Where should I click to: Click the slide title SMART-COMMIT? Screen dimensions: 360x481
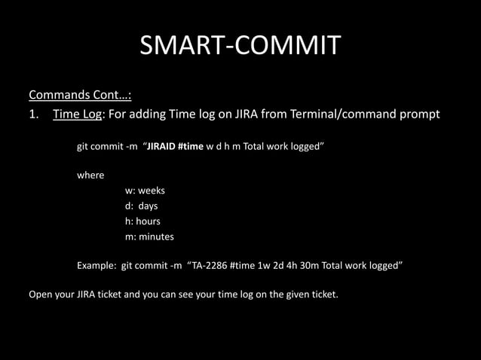coord(240,46)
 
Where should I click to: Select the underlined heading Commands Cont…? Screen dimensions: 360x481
coord(80,96)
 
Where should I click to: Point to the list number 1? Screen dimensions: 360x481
coord(34,114)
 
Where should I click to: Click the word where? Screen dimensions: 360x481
coord(90,175)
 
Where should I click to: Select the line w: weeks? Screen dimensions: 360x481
coord(145,191)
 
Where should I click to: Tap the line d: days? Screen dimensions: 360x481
coord(142,206)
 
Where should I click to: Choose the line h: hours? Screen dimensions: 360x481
coord(142,221)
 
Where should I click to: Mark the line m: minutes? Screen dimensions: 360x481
coord(149,236)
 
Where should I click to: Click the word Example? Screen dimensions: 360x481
coord(97,266)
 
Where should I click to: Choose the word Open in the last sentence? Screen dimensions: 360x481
coord(40,294)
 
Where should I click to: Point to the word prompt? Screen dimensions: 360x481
coord(419,114)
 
